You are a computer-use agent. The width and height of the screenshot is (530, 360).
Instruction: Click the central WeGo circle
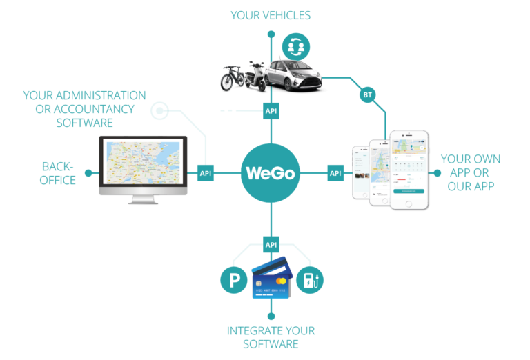(271, 173)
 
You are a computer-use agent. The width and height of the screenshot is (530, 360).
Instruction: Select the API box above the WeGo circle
(271, 110)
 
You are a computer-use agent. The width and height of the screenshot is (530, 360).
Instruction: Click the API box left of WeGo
(205, 173)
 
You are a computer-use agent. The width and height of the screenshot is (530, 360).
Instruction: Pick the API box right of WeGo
(335, 173)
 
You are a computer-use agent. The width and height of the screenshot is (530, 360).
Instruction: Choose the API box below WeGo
(271, 244)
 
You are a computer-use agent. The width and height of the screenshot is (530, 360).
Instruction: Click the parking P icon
(234, 280)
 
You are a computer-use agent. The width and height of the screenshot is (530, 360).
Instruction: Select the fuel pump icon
(310, 280)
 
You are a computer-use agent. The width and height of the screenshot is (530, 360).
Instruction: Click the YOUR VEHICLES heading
(271, 15)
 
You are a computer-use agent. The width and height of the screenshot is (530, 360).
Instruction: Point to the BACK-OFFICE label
(59, 173)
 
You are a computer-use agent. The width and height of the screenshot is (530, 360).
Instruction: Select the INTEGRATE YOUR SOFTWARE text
(271, 337)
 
